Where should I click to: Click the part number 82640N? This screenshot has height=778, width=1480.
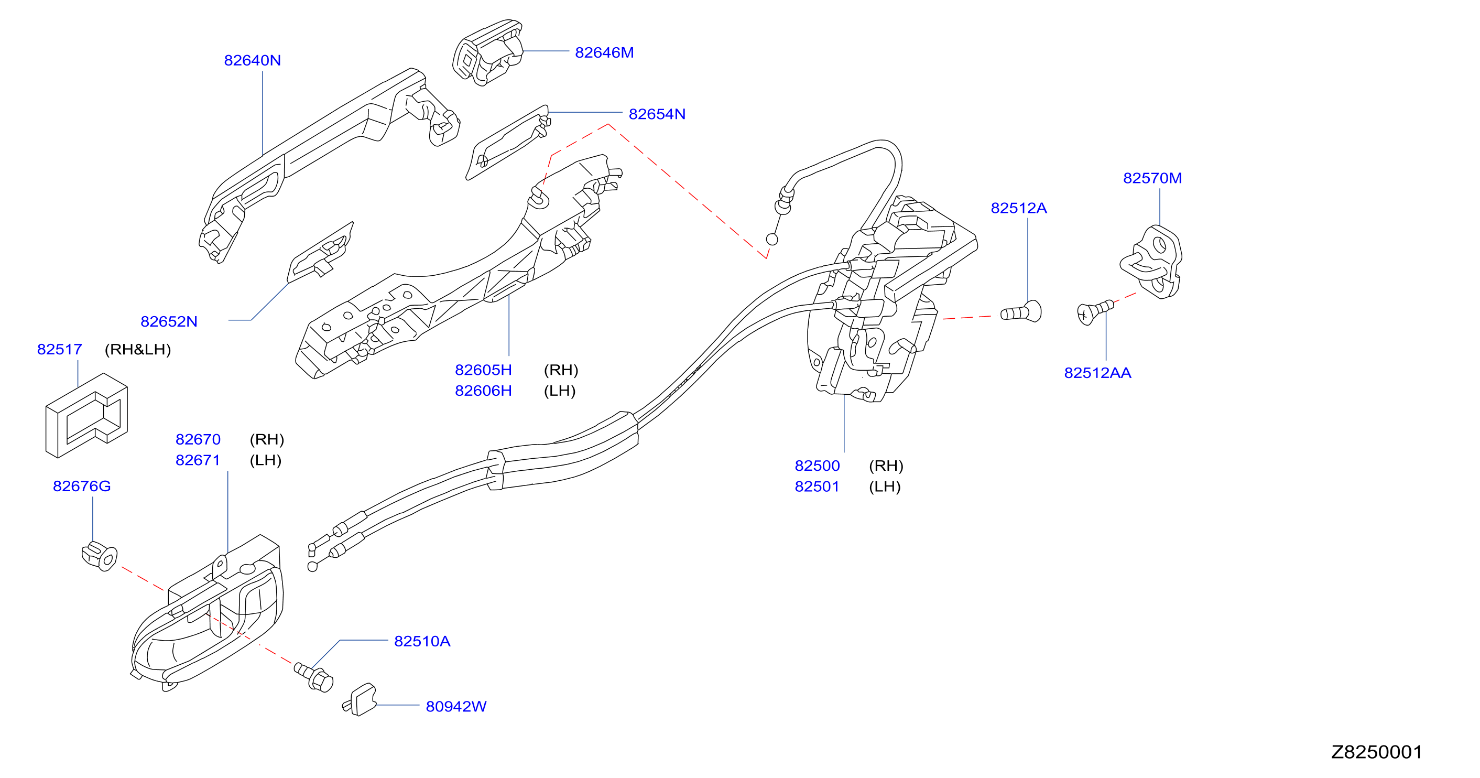point(252,60)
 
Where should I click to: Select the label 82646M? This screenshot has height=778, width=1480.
point(604,52)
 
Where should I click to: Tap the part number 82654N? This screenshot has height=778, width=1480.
point(657,114)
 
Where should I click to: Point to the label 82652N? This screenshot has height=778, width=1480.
point(169,321)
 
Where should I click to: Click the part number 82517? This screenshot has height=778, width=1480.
point(60,349)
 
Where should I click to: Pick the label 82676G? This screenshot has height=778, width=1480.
point(82,486)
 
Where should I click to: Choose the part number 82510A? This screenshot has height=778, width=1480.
point(422,641)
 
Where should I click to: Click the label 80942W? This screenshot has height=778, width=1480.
point(456,706)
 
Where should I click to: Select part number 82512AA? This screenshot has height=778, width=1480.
point(1097,373)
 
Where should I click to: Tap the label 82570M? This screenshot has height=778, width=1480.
point(1152,178)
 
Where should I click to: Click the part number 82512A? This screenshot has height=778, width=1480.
point(1019,208)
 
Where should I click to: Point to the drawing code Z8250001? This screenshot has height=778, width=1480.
point(1377,752)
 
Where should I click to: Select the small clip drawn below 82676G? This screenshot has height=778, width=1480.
point(100,556)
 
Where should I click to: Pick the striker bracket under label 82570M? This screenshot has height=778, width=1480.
point(1151,262)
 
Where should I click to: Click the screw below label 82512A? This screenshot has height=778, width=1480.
point(1021,312)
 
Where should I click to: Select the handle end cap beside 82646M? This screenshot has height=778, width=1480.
point(488,53)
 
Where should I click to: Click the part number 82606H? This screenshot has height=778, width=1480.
point(483,391)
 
